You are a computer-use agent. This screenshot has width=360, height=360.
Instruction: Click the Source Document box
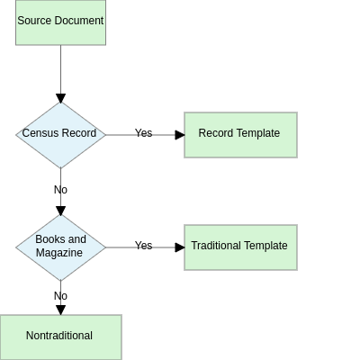point(60,22)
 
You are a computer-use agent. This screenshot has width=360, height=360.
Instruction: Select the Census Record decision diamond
point(60,135)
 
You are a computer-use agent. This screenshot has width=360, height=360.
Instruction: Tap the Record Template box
point(240,135)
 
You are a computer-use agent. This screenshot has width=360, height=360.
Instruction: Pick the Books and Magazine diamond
point(60,247)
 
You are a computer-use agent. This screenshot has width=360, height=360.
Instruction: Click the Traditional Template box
point(240,247)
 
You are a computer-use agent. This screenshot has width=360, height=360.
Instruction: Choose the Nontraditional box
point(60,337)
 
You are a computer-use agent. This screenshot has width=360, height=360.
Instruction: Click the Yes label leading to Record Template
point(143,133)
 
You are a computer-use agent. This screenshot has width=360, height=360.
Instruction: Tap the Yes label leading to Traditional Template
point(143,246)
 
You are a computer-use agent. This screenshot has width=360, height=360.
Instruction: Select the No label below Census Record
point(60,190)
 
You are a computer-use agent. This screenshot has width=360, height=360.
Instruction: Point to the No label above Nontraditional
point(60,296)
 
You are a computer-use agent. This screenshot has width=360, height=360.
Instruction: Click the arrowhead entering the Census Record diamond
point(60,98)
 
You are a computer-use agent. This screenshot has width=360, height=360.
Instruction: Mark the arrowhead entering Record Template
point(180,135)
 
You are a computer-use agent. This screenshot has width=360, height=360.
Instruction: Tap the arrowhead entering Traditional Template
point(180,247)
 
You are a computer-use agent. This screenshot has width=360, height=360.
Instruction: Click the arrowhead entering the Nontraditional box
point(60,310)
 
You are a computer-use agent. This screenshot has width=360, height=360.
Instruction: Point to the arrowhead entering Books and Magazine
point(60,211)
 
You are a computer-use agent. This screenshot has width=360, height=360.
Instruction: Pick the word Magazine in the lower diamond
point(59,253)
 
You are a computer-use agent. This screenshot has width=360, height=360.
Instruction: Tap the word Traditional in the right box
point(216,246)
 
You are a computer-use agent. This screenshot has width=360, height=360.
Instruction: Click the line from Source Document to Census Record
point(60,69)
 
